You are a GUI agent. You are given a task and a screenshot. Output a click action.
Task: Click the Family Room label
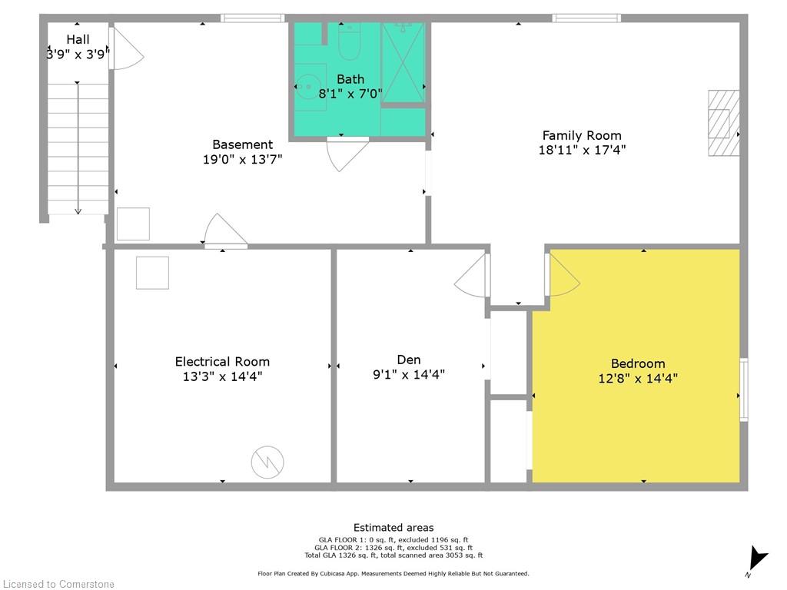coord(582,135)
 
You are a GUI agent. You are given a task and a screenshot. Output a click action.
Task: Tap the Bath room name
coord(350,79)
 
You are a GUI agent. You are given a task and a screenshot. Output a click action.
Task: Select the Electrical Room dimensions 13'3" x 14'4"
coord(222,376)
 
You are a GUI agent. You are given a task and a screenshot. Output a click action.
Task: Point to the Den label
coord(409,360)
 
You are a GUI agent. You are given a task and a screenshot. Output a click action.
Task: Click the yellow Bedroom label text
coord(638,363)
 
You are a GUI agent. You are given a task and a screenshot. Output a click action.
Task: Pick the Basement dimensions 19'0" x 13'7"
coord(242,160)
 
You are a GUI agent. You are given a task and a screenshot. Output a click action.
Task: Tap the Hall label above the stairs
coord(78,39)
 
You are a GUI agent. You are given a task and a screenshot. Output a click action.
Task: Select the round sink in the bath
coord(307,87)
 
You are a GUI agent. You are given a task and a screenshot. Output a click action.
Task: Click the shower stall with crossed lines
coord(403,63)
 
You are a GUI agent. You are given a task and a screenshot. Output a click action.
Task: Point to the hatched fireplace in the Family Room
coord(723,123)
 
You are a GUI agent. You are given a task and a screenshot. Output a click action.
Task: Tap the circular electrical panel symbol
coord(267,462)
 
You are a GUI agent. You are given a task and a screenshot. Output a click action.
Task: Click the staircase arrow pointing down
coord(78,148)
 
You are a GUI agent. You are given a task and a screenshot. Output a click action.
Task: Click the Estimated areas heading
coord(393,528)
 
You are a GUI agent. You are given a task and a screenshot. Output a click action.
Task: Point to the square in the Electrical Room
coord(152,273)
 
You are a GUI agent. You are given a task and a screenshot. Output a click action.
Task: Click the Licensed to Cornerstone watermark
coord(58,584)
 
